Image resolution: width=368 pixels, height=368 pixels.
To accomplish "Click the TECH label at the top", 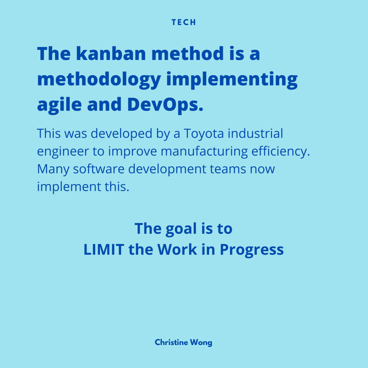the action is [x=184, y=22].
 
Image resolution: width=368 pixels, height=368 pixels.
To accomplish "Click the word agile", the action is [x=59, y=105].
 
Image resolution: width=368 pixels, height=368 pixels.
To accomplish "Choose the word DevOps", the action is [x=165, y=105].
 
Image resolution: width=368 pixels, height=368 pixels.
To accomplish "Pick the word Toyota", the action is [x=204, y=134].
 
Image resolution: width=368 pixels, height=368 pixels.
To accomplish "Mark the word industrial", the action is [x=256, y=133].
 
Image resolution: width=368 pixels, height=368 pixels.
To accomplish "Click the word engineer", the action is [x=63, y=151].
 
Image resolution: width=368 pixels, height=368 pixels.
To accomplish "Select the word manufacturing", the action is [x=204, y=151].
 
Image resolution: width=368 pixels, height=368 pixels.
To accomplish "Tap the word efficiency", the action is [x=281, y=151].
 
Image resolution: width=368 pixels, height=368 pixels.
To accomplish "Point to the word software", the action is [x=98, y=169].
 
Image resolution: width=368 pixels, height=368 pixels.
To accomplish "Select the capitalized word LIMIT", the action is [x=104, y=249].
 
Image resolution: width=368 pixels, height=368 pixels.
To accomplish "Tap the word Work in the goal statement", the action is [x=177, y=249].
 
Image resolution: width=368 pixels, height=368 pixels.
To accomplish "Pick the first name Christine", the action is [x=171, y=342].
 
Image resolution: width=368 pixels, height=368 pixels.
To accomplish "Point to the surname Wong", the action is [x=201, y=343].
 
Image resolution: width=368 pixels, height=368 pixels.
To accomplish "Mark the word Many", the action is [x=53, y=169].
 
